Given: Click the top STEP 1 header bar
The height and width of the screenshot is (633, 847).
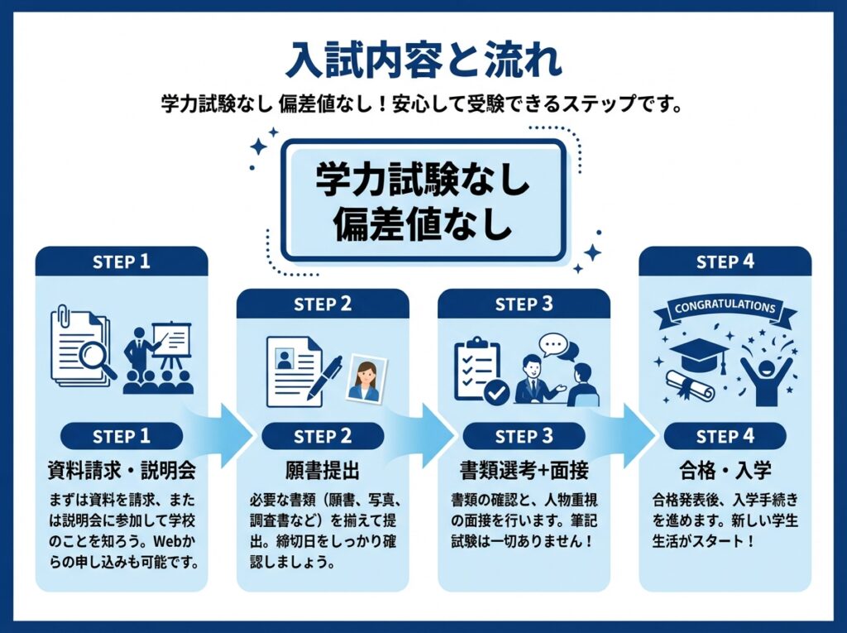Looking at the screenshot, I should [122, 262].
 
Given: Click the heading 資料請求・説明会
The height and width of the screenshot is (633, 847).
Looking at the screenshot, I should [122, 472].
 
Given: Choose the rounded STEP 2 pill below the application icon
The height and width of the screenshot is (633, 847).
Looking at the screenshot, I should [323, 436].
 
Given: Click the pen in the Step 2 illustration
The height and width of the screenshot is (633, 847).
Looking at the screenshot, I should [325, 376].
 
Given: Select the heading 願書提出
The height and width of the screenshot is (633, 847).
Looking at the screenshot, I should [323, 472].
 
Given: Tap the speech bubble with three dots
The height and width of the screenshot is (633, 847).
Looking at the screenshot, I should [553, 344].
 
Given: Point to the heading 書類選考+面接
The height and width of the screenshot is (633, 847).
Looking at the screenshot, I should [524, 472].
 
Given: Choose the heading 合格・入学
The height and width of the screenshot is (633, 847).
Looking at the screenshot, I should [725, 472].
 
